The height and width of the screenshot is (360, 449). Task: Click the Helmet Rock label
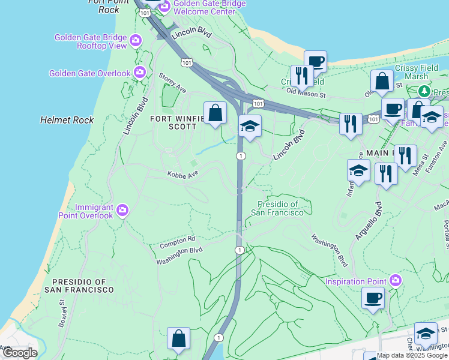click(x=67, y=120)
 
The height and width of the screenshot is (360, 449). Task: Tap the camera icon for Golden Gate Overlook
click(x=140, y=73)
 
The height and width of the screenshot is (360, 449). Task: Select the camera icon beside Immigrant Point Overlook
click(x=122, y=210)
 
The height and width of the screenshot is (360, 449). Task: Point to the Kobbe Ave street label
click(x=182, y=173)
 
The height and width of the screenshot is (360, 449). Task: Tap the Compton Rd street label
click(x=178, y=243)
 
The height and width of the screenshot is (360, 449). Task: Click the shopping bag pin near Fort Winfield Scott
click(x=215, y=112)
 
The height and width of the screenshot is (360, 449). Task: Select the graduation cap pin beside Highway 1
click(x=250, y=125)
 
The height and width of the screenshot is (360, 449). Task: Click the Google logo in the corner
click(x=19, y=352)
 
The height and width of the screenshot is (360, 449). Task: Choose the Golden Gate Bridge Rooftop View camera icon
click(x=136, y=40)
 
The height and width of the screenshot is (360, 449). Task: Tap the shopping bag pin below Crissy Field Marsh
click(x=382, y=80)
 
